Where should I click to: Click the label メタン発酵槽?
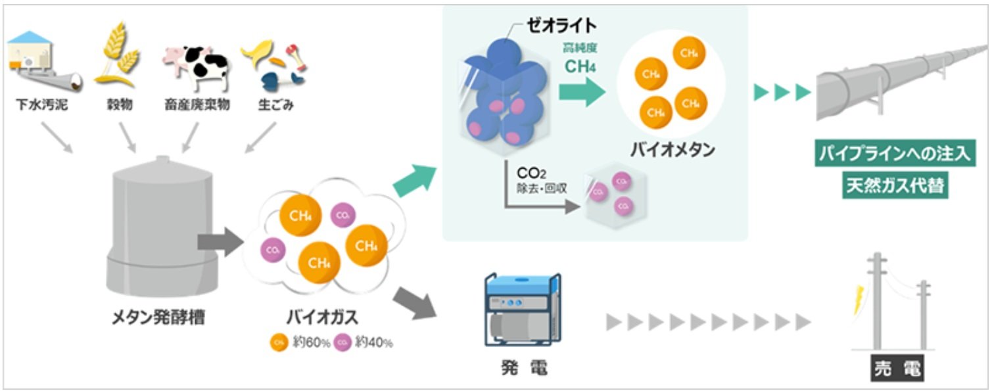pos(158,318)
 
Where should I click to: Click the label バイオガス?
pos(322,318)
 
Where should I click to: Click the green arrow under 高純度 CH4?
pos(582,93)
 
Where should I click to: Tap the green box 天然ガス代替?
pos(893,186)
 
